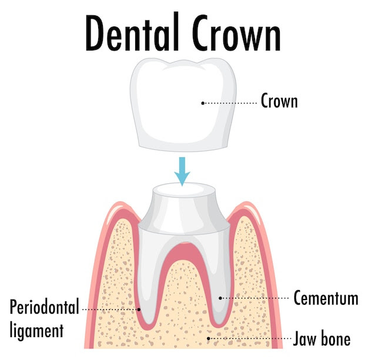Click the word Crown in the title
point(236,32)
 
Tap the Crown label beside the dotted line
point(279,101)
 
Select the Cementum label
point(326,298)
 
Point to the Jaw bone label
point(322,338)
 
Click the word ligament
point(36,331)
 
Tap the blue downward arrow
point(182,171)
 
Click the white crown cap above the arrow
point(183,105)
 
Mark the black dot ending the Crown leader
point(203,103)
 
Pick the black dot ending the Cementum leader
point(220,298)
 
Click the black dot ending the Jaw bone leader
point(209,338)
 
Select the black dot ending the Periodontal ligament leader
point(139,309)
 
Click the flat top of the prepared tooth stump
point(184,189)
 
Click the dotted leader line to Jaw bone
point(250,338)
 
